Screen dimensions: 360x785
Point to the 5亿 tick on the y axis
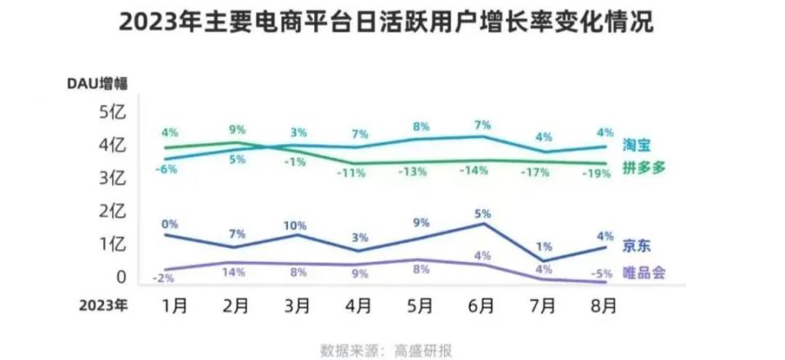[x=112, y=113]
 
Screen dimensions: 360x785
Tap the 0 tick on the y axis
[x=121, y=277]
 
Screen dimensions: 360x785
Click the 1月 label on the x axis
[x=175, y=306]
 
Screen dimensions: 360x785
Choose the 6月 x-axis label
[x=482, y=306]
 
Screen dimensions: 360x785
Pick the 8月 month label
[x=603, y=306]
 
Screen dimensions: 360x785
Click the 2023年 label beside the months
[x=103, y=306]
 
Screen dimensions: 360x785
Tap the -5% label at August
[x=597, y=272]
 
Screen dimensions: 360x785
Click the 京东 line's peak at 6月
[x=484, y=223]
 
